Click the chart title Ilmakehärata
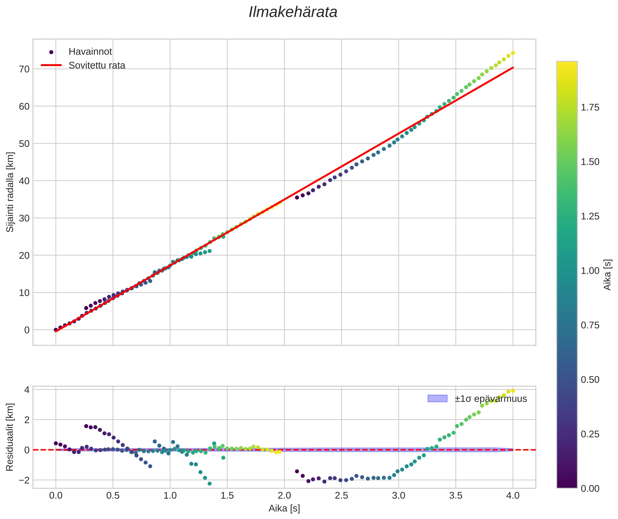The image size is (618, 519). click(293, 12)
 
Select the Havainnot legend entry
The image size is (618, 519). click(90, 52)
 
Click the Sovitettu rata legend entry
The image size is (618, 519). click(97, 65)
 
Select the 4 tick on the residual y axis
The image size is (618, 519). click(27, 390)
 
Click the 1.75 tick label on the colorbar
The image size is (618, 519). click(590, 107)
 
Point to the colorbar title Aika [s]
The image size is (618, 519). click(607, 275)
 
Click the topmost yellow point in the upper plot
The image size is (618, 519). click(513, 53)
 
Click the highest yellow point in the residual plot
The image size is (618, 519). click(513, 391)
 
